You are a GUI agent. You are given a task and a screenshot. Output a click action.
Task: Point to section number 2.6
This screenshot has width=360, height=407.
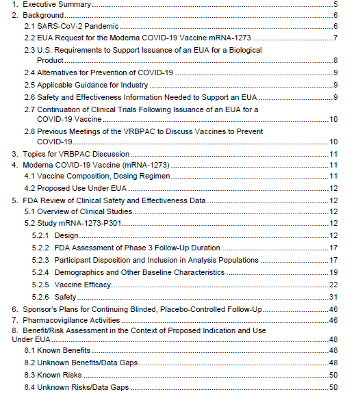tap(29, 96)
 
